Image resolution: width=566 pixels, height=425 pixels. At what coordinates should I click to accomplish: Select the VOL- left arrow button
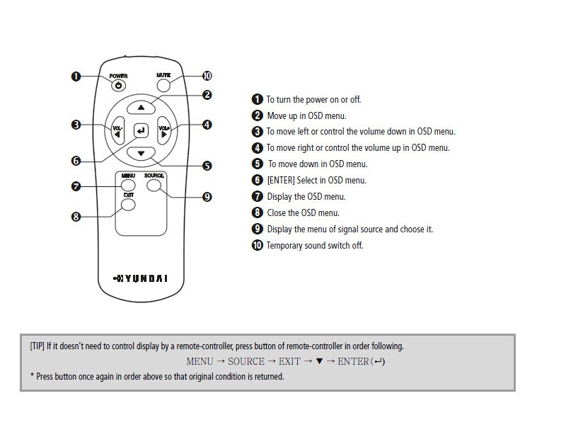pyautogui.click(x=117, y=131)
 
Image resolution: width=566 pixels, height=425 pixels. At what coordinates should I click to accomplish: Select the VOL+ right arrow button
pyautogui.click(x=165, y=131)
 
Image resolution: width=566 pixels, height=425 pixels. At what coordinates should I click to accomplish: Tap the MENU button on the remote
pyautogui.click(x=128, y=186)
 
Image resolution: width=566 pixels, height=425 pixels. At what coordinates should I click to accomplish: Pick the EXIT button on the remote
pyautogui.click(x=128, y=205)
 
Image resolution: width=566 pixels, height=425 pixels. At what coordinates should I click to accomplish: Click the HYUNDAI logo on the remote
pyautogui.click(x=141, y=278)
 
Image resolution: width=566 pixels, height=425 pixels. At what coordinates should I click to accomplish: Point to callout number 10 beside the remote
pyautogui.click(x=207, y=76)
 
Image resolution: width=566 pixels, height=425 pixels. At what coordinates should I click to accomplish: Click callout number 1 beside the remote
pyautogui.click(x=76, y=76)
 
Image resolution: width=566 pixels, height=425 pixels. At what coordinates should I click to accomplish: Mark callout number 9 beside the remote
pyautogui.click(x=207, y=197)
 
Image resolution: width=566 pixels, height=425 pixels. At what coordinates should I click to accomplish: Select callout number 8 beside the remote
pyautogui.click(x=76, y=217)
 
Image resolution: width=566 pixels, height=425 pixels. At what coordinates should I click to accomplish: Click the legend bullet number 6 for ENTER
pyautogui.click(x=258, y=181)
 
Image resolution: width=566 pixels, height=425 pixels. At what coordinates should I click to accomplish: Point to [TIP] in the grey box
pyautogui.click(x=37, y=346)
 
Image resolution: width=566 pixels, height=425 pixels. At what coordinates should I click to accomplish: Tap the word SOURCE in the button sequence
pyautogui.click(x=246, y=361)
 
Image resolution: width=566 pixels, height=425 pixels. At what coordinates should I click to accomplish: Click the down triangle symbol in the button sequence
pyautogui.click(x=319, y=361)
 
